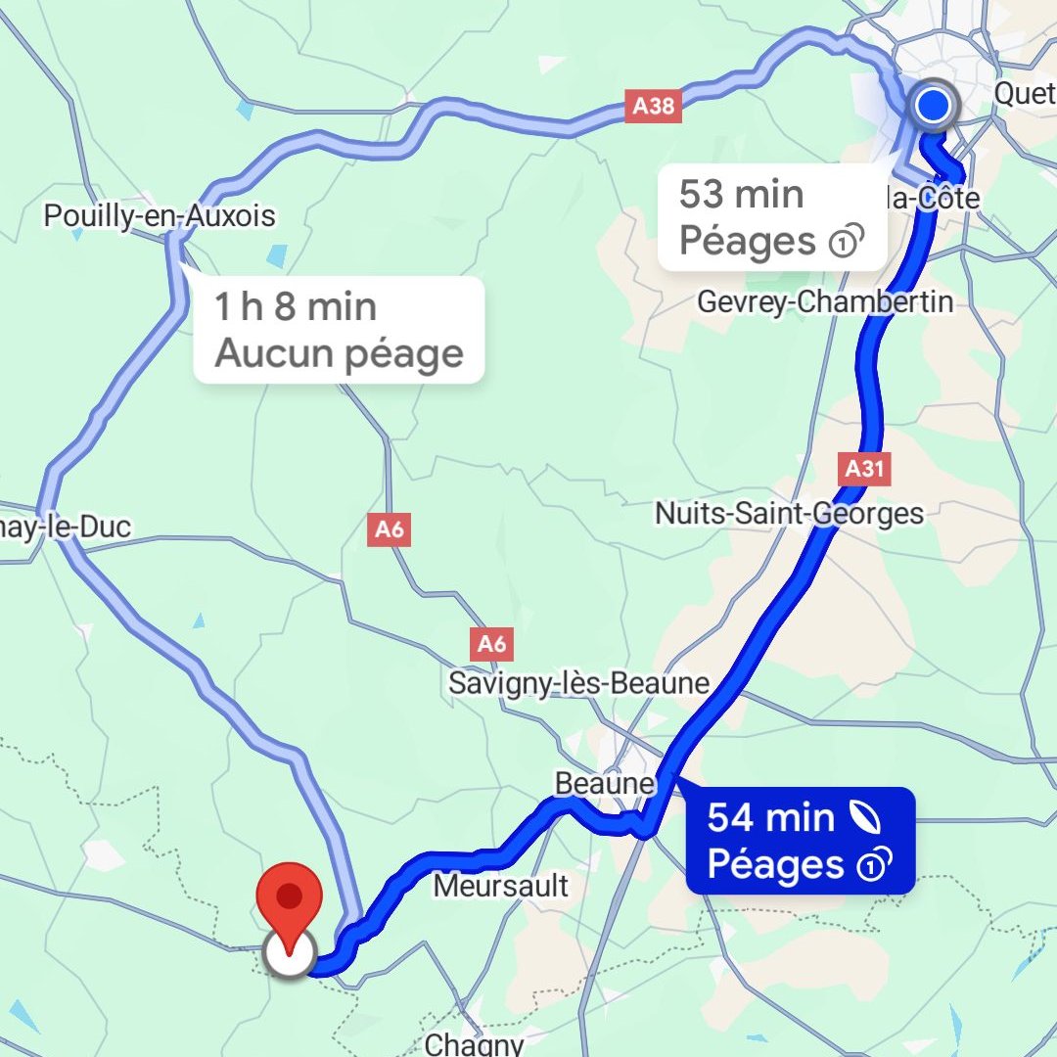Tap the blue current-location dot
933,106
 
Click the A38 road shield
653,106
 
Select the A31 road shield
865,470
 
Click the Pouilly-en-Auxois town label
160,215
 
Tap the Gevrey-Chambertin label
824,301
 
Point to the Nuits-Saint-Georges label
789,513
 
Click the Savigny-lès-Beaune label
578,682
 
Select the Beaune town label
604,784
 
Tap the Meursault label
500,886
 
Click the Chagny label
475,1043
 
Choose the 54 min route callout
800,841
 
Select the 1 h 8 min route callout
339,330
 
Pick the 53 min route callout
771,217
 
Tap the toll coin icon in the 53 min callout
845,242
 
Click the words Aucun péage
339,353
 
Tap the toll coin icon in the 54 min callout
872,865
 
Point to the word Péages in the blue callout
775,865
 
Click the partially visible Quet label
1025,93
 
